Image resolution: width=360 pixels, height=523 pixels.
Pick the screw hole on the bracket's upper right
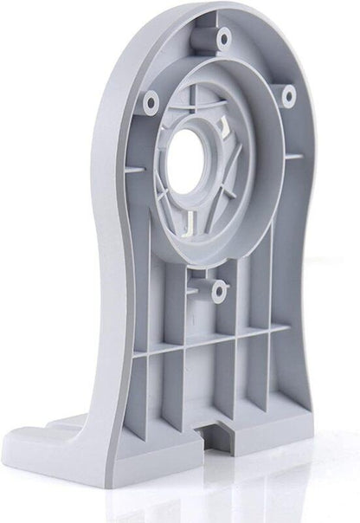(289, 93)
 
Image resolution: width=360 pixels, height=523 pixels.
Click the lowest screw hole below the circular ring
(219, 292)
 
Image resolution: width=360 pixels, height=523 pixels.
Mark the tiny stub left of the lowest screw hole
(195, 285)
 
